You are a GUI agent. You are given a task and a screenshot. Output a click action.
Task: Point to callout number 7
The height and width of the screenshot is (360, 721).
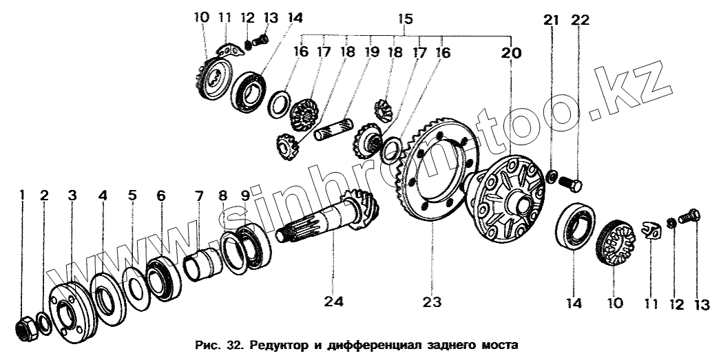[198, 196]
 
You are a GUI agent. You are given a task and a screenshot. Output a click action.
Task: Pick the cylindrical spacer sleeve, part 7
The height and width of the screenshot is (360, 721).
[202, 264]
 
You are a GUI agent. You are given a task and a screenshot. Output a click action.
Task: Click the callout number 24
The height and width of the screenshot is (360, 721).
[339, 301]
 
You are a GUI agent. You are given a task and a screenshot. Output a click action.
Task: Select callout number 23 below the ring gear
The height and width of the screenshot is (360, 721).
[432, 301]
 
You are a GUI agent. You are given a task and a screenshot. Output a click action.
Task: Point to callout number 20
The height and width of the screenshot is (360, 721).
[512, 53]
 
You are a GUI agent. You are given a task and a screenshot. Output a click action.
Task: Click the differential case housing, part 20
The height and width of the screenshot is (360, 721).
[506, 198]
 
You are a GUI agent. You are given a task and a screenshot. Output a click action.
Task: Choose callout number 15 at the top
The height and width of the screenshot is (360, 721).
[405, 20]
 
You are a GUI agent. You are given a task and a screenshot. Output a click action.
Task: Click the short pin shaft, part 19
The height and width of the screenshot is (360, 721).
[334, 129]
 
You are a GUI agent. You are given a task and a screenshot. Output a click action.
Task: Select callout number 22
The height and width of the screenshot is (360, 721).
[580, 20]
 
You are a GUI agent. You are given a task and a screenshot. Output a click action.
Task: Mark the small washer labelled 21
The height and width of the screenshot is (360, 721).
[552, 175]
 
